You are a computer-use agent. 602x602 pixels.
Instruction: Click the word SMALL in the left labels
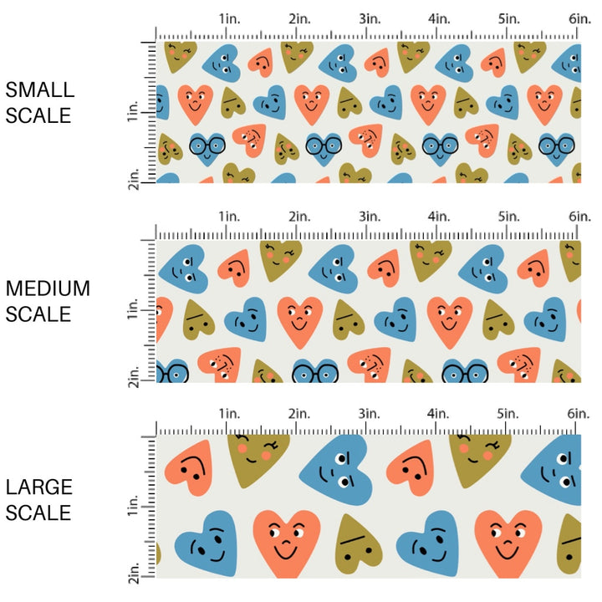39,90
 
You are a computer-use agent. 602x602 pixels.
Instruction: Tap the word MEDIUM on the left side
48,288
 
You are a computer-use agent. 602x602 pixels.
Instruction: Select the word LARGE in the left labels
38,487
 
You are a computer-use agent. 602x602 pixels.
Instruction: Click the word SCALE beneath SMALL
38,115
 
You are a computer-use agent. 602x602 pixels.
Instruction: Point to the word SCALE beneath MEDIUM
38,314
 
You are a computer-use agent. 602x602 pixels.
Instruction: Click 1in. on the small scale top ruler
230,18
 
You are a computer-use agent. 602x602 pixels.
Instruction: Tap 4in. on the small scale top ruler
441,18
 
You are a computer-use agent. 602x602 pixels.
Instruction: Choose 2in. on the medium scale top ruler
300,217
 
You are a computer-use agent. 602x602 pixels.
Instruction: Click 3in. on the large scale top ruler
370,414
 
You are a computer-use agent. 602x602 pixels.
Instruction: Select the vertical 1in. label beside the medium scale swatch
135,312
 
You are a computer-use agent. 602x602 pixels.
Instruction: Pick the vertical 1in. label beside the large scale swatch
135,509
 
